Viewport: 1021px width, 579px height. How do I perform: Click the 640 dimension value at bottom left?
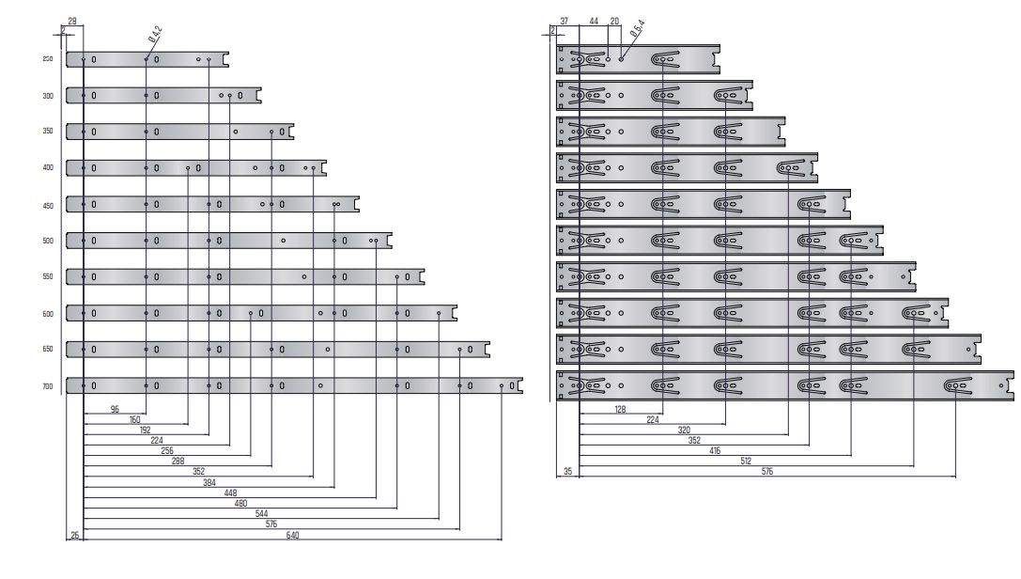(292, 535)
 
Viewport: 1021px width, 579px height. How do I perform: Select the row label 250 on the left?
(48, 59)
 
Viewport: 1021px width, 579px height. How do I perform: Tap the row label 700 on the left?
(48, 385)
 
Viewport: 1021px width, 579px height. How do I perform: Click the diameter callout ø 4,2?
(155, 35)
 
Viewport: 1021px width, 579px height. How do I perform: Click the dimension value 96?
(115, 409)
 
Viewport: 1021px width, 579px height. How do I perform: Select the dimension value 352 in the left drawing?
(198, 471)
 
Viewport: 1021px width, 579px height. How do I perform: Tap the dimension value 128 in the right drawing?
(619, 409)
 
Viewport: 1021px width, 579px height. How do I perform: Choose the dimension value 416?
(715, 450)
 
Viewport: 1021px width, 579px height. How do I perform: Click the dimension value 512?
(746, 461)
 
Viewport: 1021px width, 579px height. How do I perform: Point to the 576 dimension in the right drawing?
(766, 471)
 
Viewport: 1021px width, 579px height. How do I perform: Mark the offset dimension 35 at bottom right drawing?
(567, 471)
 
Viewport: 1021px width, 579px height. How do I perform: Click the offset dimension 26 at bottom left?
(74, 535)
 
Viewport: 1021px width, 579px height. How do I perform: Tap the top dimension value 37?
(565, 20)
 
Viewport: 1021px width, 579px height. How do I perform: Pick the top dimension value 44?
(594, 20)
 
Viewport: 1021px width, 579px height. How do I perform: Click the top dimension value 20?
(614, 20)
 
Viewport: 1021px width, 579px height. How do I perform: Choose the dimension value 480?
(240, 502)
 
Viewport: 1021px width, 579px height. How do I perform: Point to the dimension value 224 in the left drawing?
(156, 440)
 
